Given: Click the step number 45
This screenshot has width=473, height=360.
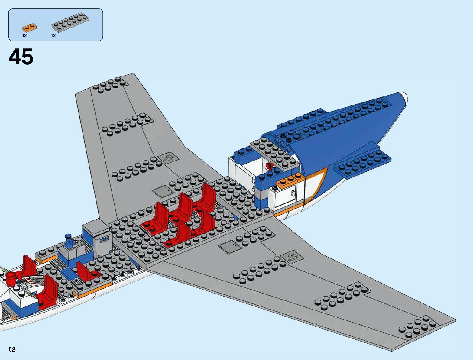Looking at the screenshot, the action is click(x=21, y=57).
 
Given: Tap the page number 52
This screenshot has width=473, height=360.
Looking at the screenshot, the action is click(x=12, y=350).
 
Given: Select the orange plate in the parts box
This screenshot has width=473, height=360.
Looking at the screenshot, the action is click(x=29, y=28).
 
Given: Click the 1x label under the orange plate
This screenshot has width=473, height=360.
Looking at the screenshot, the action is click(x=24, y=36).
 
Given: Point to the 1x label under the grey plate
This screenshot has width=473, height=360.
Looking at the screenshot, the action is click(x=53, y=36).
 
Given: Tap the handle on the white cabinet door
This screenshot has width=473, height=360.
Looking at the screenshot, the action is click(x=293, y=193).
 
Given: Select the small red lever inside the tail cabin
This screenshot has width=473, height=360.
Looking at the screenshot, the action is click(x=269, y=166).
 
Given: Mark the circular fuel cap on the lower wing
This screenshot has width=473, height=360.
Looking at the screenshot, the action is click(x=292, y=257).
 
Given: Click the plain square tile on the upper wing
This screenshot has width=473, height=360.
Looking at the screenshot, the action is click(x=162, y=192).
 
